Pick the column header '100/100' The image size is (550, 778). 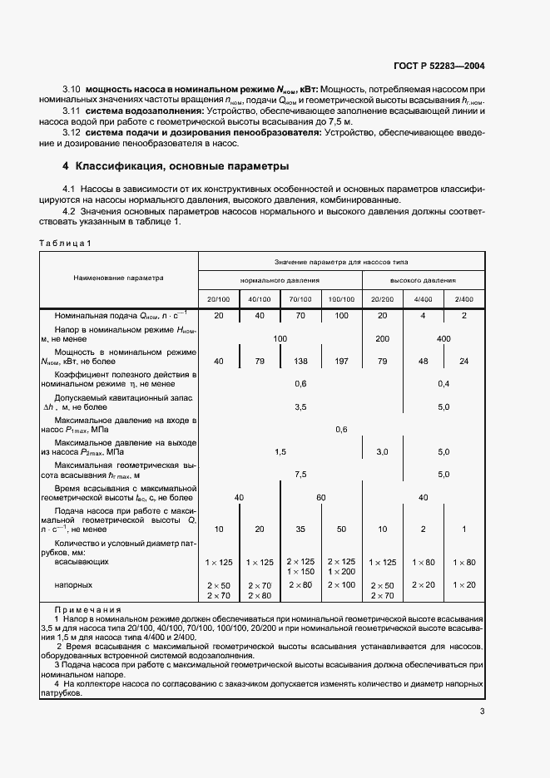[x=341, y=298]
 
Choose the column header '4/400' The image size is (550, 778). [x=424, y=298]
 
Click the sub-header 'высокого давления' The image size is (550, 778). [x=424, y=280]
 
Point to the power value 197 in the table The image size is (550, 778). [x=341, y=361]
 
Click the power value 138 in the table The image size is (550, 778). [x=300, y=361]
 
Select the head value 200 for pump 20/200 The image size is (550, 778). [x=383, y=339]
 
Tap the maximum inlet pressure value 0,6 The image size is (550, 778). [x=341, y=430]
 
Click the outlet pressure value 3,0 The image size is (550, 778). [x=383, y=451]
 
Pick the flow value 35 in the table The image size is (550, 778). [x=300, y=529]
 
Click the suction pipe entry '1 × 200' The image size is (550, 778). [x=341, y=572]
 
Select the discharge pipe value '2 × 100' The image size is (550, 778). [x=341, y=585]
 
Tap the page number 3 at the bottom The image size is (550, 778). [x=482, y=711]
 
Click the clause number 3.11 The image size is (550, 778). [x=72, y=111]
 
